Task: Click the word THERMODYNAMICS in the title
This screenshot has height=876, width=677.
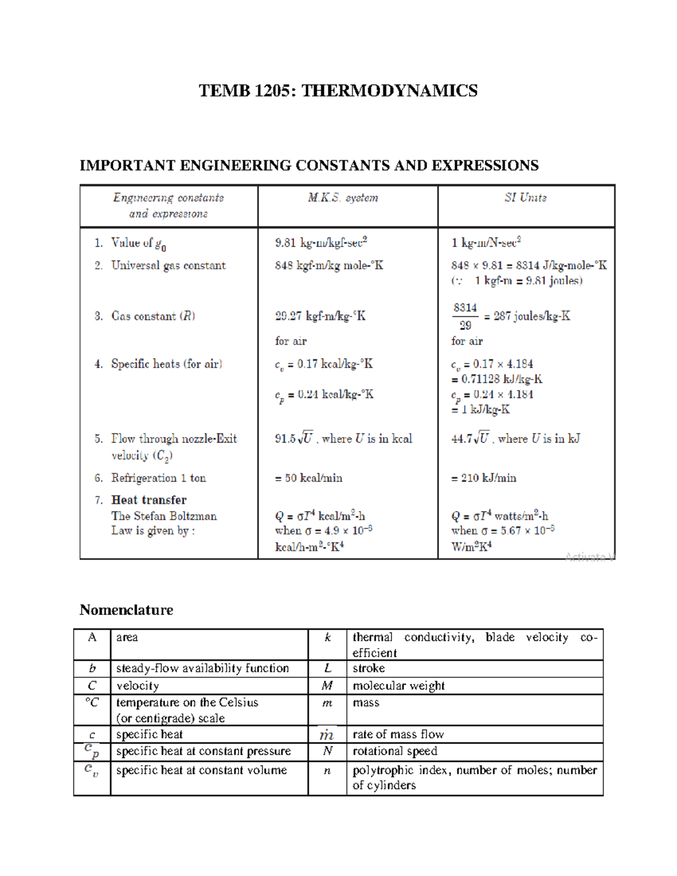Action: pos(389,91)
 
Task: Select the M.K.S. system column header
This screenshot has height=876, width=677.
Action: pos(343,198)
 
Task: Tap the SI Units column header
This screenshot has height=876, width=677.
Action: pos(525,198)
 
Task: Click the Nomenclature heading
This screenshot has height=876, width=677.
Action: pos(126,610)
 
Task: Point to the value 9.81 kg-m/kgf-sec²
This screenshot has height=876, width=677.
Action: pos(321,243)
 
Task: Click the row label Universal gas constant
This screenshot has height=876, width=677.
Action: pos(168,266)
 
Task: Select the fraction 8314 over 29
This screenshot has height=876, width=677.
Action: pos(465,316)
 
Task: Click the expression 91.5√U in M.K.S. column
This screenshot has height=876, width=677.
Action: pos(294,438)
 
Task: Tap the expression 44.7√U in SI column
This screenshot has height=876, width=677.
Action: pos(470,438)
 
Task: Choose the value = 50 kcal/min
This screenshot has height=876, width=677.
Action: pos(309,478)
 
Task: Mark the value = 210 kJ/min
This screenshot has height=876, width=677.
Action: pos(483,478)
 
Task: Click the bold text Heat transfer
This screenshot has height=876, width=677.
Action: pos(149,500)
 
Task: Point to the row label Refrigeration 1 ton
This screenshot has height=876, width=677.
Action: pos(159,478)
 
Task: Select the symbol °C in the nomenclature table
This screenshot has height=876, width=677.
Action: pos(92,703)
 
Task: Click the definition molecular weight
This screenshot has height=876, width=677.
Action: pos(398,686)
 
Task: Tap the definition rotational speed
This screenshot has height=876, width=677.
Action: pos(395,751)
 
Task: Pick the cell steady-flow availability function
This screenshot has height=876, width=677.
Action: pos(203,668)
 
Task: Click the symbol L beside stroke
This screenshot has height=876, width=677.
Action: pos(327,668)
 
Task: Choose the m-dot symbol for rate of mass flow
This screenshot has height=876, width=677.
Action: pos(327,734)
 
